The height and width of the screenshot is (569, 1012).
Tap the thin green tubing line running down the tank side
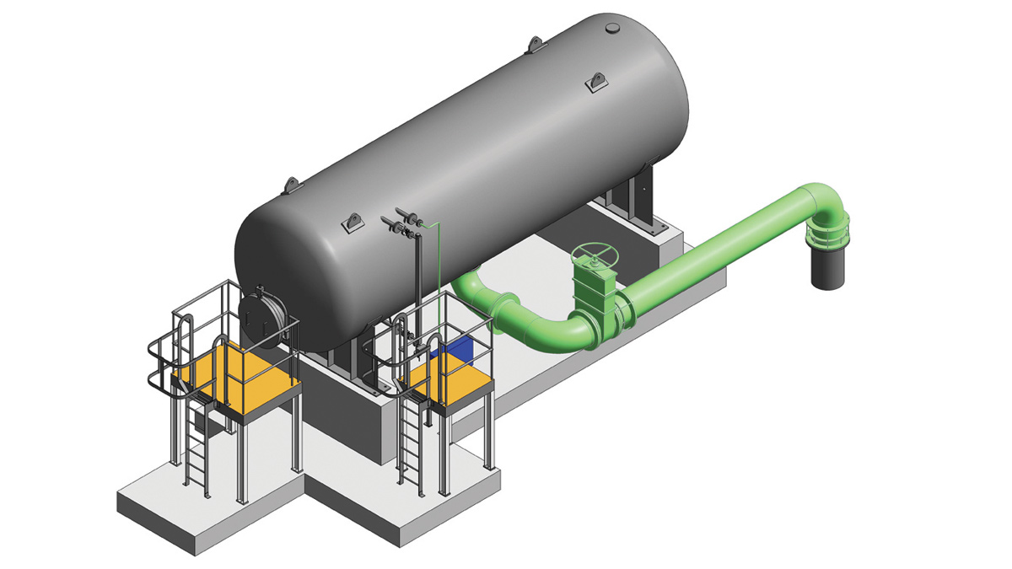[x=439, y=270]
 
